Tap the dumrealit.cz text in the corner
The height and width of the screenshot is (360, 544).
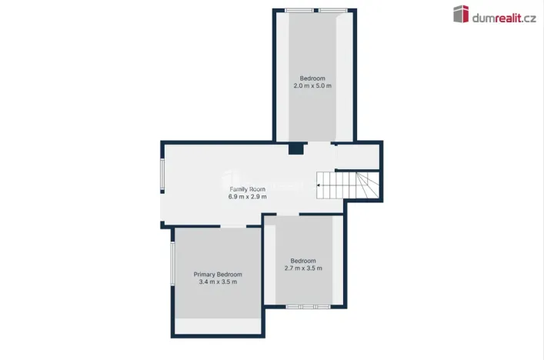504,17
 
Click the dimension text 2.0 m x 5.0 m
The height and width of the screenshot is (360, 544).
312,86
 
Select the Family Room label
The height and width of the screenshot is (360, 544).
247,188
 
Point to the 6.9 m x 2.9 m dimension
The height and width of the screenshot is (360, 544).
247,197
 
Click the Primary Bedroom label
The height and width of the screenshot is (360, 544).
218,275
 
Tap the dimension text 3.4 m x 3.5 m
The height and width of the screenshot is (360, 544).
218,282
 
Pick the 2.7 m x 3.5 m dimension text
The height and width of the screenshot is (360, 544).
302,268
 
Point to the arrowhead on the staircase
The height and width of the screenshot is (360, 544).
319,184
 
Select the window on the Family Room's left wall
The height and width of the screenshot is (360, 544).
162,175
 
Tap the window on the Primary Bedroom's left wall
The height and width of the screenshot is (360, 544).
172,264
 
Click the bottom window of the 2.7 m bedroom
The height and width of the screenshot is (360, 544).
308,307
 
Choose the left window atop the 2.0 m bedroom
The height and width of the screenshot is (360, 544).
299,10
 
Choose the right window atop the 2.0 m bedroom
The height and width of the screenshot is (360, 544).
332,10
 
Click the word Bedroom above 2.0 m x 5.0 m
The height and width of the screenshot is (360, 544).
312,78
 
